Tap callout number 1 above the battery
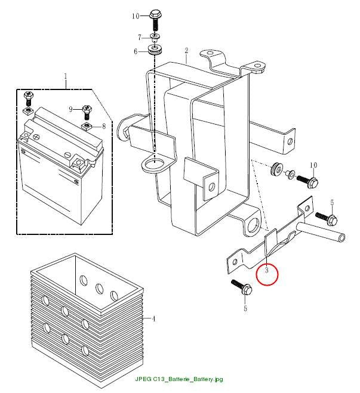pos(66,76)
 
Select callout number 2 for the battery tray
pos(186,51)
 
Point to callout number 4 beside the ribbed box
pos(154,319)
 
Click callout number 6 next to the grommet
pos(136,52)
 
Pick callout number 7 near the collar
pos(140,38)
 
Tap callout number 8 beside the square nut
pos(104,126)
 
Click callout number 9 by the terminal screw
pos(70,109)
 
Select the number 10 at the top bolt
pos(136,16)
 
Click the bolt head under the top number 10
pos(156,14)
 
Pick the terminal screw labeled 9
pos(87,112)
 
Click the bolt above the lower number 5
pos(242,287)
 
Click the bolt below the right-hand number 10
pos(307,180)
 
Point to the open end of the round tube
pos(341,237)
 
